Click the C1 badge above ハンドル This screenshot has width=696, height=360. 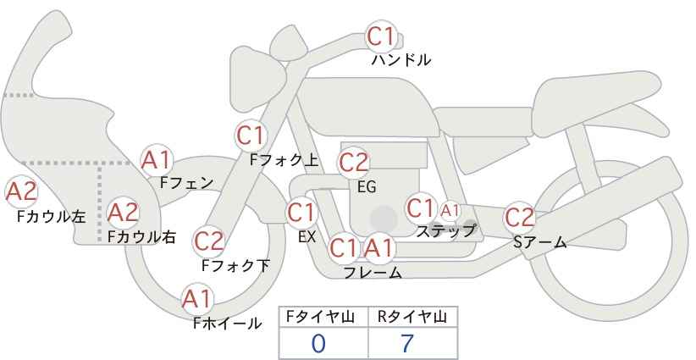[x=381, y=36]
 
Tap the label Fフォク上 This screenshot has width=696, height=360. [x=284, y=160]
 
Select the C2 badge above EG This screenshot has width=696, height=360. [x=353, y=163]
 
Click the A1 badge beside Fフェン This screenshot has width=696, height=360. [x=157, y=160]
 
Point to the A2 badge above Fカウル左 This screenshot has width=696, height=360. [x=21, y=192]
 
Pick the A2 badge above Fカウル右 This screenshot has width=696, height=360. [x=124, y=213]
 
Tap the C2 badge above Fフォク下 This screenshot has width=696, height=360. [x=208, y=241]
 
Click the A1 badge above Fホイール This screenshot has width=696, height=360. [x=197, y=299]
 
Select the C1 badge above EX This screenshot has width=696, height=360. [x=301, y=213]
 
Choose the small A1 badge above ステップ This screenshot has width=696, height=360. [x=450, y=210]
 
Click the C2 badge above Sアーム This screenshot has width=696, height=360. [x=519, y=218]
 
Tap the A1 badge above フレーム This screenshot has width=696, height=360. [x=378, y=248]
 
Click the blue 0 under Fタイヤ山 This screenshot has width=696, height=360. [x=318, y=344]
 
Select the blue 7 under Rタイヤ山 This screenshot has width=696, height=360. [x=406, y=344]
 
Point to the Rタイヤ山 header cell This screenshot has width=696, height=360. [x=413, y=317]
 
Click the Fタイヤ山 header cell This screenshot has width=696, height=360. [x=323, y=317]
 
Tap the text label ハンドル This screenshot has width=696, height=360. [x=400, y=59]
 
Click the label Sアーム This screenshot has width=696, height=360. [x=539, y=242]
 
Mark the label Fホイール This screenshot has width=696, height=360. [x=227, y=324]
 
